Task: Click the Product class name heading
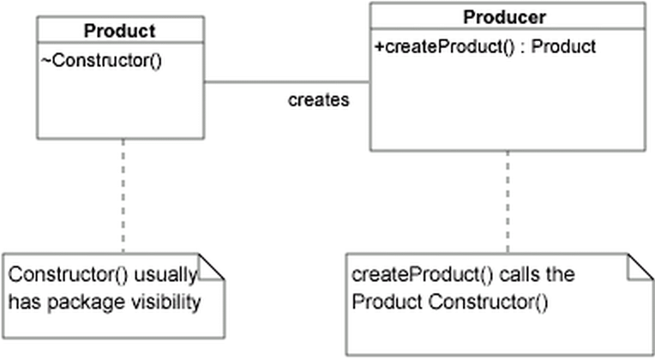119,31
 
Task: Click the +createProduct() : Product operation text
484,46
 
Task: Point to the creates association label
318,100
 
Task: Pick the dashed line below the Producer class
508,201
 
